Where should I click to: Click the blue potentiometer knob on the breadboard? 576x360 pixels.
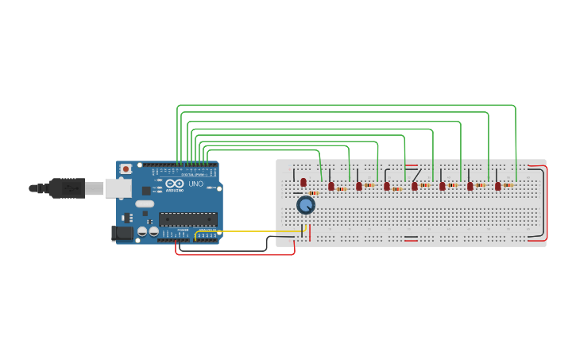306,205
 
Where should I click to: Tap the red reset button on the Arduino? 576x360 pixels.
126,169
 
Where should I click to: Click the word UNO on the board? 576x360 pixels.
195,184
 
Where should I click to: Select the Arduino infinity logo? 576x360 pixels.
174,184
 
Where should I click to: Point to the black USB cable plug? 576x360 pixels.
67,188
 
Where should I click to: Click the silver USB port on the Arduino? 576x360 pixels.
118,188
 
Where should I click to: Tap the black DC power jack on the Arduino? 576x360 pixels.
122,233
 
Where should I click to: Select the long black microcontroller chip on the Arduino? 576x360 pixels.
187,219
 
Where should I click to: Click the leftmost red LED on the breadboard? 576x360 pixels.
303,183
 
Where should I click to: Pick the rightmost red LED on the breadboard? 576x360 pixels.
498,186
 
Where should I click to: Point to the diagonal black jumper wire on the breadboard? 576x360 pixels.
416,174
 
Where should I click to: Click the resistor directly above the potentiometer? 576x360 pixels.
314,193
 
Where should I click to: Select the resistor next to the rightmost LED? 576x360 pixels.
508,185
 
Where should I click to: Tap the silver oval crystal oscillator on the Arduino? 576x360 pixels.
145,203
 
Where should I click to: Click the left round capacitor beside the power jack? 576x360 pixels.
142,231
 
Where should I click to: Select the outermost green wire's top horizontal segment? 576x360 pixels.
346,105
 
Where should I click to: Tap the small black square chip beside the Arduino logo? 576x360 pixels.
146,191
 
